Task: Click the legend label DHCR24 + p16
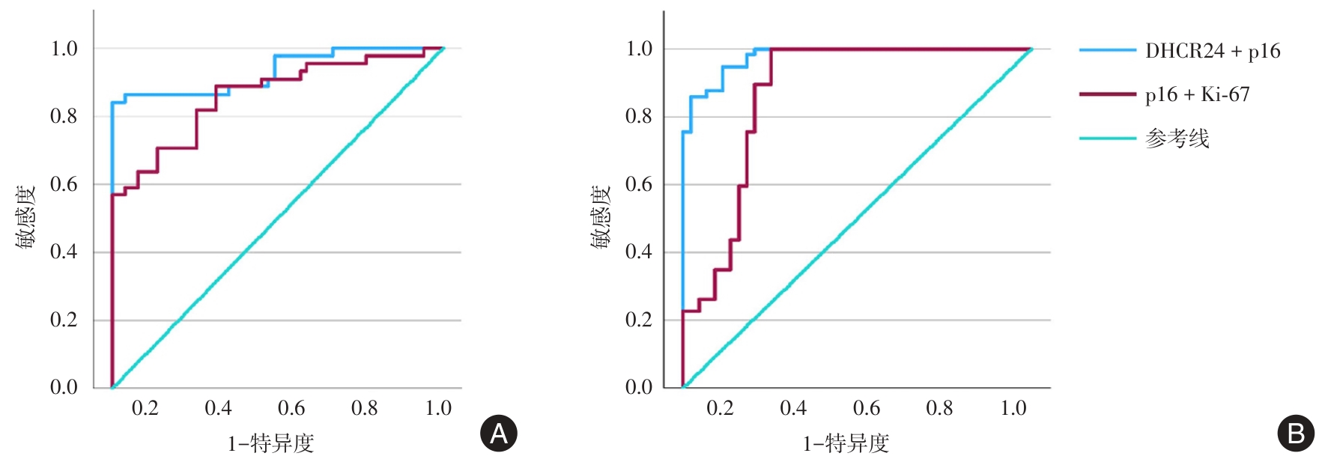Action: [x=1212, y=51]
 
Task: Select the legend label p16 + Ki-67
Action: [x=1197, y=94]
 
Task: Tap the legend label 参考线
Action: [x=1177, y=139]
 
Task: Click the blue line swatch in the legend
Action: [x=1107, y=51]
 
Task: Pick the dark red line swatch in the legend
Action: [x=1107, y=94]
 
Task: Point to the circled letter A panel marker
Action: [x=498, y=434]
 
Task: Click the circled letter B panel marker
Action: [x=1295, y=434]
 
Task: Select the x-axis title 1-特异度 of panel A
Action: [x=270, y=444]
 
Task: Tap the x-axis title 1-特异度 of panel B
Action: [x=846, y=444]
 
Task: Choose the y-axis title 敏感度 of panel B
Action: [x=601, y=217]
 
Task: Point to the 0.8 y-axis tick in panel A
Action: [x=64, y=116]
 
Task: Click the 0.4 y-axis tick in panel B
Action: [x=639, y=252]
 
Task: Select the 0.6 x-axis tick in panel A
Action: [x=291, y=408]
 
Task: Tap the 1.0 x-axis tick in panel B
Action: [x=1013, y=408]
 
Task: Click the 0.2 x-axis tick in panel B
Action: [x=720, y=408]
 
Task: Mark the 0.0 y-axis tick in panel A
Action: [x=64, y=387]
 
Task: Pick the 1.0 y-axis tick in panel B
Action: [x=639, y=49]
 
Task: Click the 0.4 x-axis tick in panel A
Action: [x=218, y=408]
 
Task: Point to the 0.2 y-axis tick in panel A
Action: [x=64, y=320]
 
